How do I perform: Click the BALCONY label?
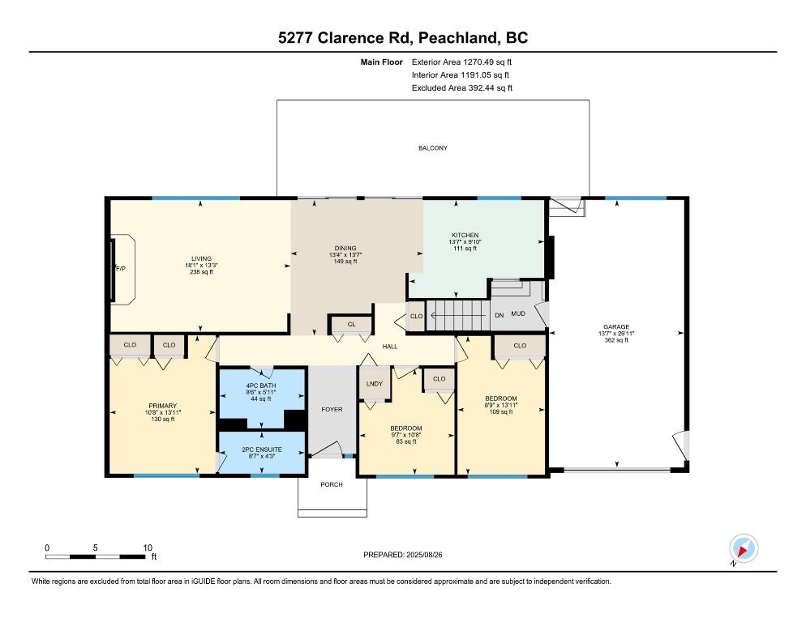click(433, 148)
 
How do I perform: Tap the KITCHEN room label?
click(465, 235)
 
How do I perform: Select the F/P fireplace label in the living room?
click(121, 269)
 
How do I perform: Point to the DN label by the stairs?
click(499, 315)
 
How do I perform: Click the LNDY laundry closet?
click(375, 384)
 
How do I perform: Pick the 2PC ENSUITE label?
click(262, 449)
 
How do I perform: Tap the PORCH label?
click(332, 484)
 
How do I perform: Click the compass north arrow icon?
click(744, 548)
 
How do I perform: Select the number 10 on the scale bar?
click(148, 547)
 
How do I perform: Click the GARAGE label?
click(616, 326)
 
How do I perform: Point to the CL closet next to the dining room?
click(352, 324)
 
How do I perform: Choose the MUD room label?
click(518, 313)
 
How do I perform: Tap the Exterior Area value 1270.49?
click(478, 62)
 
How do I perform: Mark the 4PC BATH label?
click(261, 386)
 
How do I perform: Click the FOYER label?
click(332, 409)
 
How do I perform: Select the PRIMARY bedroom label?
click(162, 406)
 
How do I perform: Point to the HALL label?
click(390, 347)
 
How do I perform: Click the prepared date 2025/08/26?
click(424, 555)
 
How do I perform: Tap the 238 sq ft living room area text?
click(201, 271)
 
